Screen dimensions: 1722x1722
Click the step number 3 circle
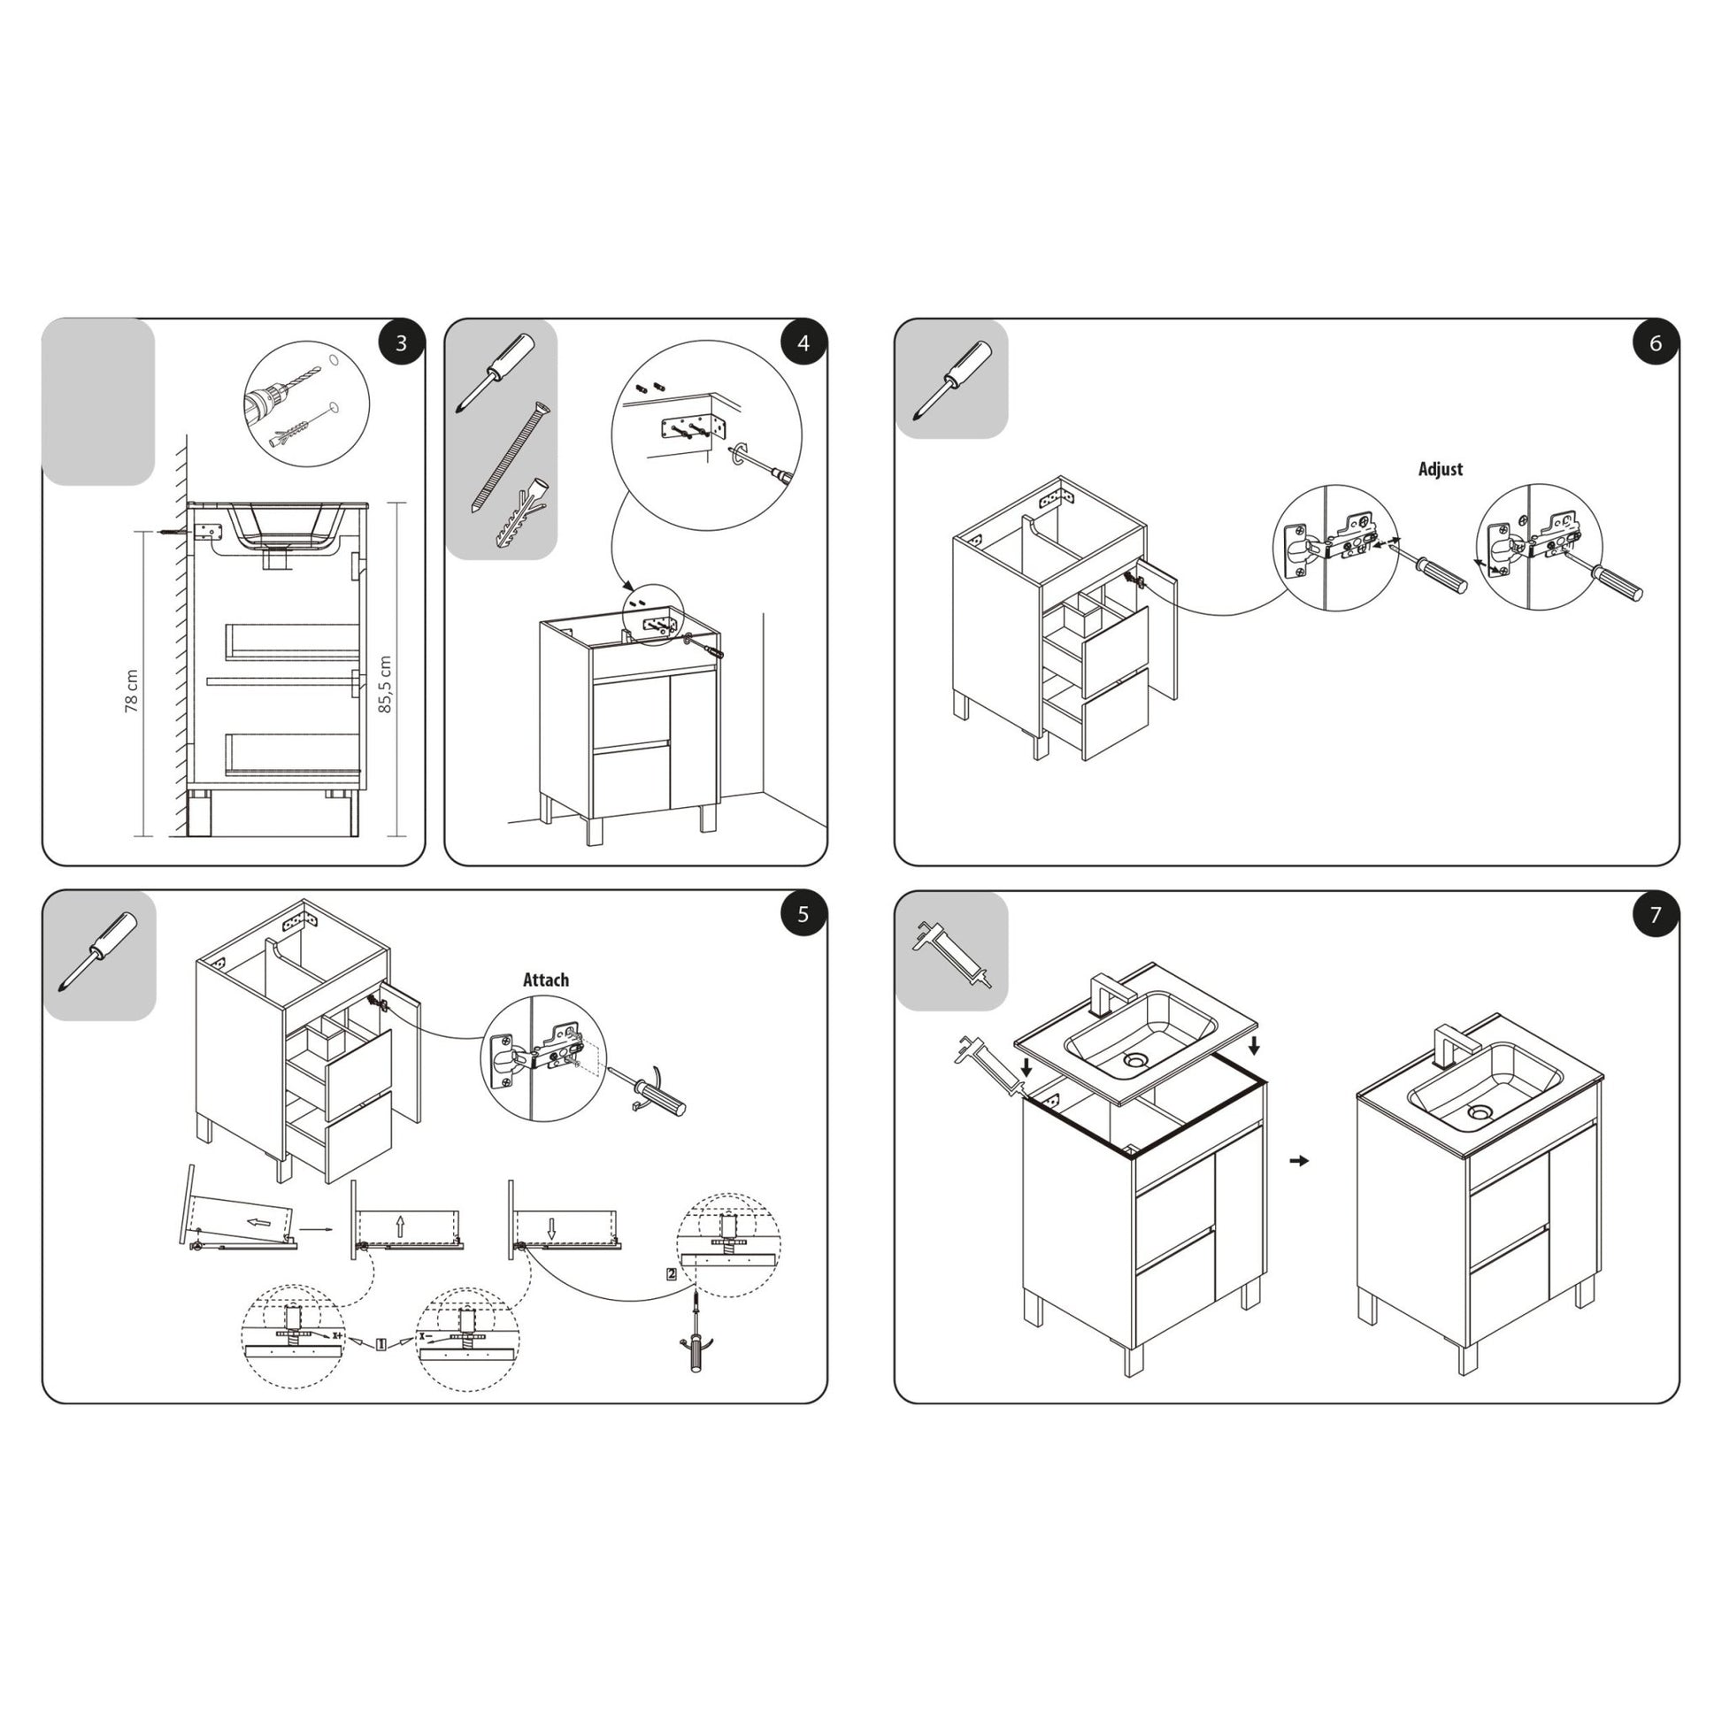pyautogui.click(x=401, y=343)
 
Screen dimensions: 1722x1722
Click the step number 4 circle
pyautogui.click(x=803, y=343)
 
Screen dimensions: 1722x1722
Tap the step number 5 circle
pyautogui.click(x=803, y=914)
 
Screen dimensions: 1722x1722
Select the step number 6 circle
pyautogui.click(x=1655, y=343)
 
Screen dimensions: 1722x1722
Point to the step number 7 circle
pyautogui.click(x=1655, y=914)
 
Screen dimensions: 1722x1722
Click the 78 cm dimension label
pyautogui.click(x=132, y=691)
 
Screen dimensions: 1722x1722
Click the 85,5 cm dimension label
pyautogui.click(x=385, y=685)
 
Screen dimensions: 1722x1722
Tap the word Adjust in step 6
pyautogui.click(x=1441, y=469)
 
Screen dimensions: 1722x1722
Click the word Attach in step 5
pyautogui.click(x=545, y=980)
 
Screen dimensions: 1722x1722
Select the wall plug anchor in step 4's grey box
pyautogui.click(x=519, y=515)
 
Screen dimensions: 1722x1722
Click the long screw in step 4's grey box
pyautogui.click(x=510, y=460)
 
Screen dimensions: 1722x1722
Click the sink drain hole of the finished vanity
pyautogui.click(x=1480, y=1112)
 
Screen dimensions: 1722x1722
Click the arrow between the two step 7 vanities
pyautogui.click(x=1301, y=1160)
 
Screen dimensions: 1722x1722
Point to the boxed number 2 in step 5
pyautogui.click(x=671, y=1273)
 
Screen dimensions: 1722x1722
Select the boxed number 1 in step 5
pyautogui.click(x=381, y=1345)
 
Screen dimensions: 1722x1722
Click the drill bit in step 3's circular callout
pyautogui.click(x=285, y=393)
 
